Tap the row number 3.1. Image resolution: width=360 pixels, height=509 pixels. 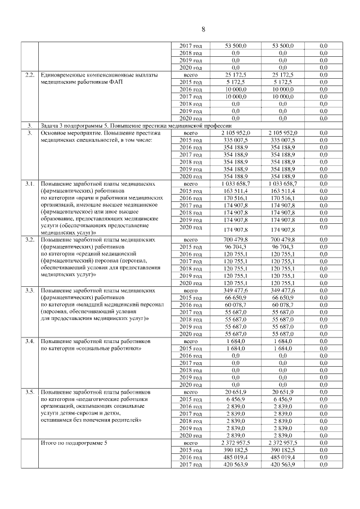[28, 184]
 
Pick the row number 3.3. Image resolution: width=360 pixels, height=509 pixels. [28, 290]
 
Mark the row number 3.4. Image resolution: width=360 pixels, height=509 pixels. [28, 341]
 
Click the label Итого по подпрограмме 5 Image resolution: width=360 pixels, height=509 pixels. [74, 444]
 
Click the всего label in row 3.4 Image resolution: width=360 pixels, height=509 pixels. [191, 341]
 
